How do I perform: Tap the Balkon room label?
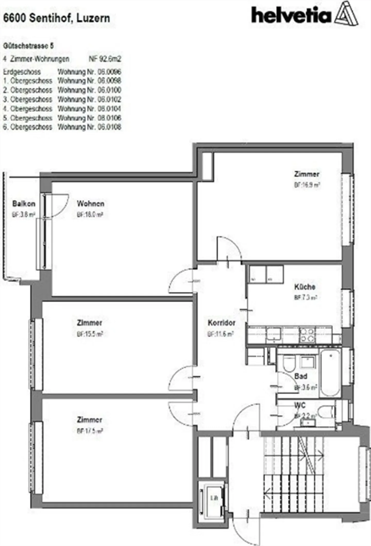click(24, 204)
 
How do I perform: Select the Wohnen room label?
click(90, 204)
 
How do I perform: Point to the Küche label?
click(305, 287)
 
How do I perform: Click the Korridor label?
click(222, 323)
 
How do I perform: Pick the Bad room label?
click(301, 376)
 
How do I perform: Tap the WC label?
click(300, 405)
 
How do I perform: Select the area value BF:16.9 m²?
click(307, 185)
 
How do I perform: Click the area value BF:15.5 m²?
click(90, 334)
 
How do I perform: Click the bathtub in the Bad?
click(331, 371)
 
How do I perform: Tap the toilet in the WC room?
click(326, 412)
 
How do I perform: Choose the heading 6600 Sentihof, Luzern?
click(56, 18)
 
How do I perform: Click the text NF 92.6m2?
click(105, 59)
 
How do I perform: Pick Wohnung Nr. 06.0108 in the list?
click(89, 127)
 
